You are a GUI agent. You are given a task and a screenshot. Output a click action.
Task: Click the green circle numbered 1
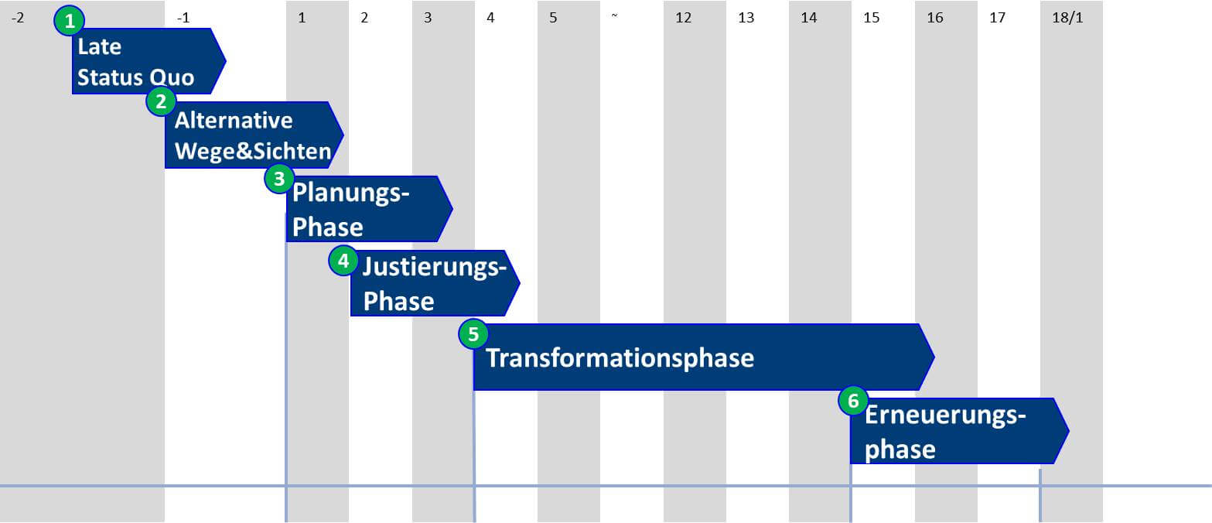pos(70,21)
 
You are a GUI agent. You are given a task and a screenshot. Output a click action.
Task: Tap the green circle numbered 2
pos(161,101)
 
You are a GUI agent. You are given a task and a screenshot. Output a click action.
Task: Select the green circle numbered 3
pos(279,178)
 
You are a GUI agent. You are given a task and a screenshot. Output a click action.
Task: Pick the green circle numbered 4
pos(343,261)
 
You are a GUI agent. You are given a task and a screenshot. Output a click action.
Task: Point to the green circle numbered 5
pos(473,334)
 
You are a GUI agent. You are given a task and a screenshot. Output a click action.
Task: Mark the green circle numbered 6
pos(853,401)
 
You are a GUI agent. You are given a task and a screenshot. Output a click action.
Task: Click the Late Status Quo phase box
pos(149,61)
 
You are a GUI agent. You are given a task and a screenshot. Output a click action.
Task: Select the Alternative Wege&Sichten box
pos(254,135)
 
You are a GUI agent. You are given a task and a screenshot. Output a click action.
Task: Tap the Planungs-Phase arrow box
pos(370,208)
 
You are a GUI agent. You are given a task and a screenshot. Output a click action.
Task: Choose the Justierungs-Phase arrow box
pos(435,282)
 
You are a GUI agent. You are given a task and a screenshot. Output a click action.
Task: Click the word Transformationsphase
pos(620,358)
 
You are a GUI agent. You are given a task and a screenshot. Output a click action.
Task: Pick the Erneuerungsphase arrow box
pos(959,431)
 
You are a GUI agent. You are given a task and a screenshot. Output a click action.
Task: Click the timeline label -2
pos(18,18)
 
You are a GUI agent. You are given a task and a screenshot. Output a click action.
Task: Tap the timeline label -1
pos(183,18)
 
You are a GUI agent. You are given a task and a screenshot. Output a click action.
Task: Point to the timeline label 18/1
pos(1067,18)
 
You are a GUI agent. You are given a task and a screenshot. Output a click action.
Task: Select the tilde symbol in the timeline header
pos(615,15)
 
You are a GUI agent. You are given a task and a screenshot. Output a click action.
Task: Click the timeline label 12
pos(684,18)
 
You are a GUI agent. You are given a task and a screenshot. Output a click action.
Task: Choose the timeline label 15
pos(871,18)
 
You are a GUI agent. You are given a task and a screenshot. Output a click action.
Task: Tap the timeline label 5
pos(553,18)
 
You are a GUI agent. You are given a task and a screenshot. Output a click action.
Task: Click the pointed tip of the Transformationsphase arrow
pos(934,357)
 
